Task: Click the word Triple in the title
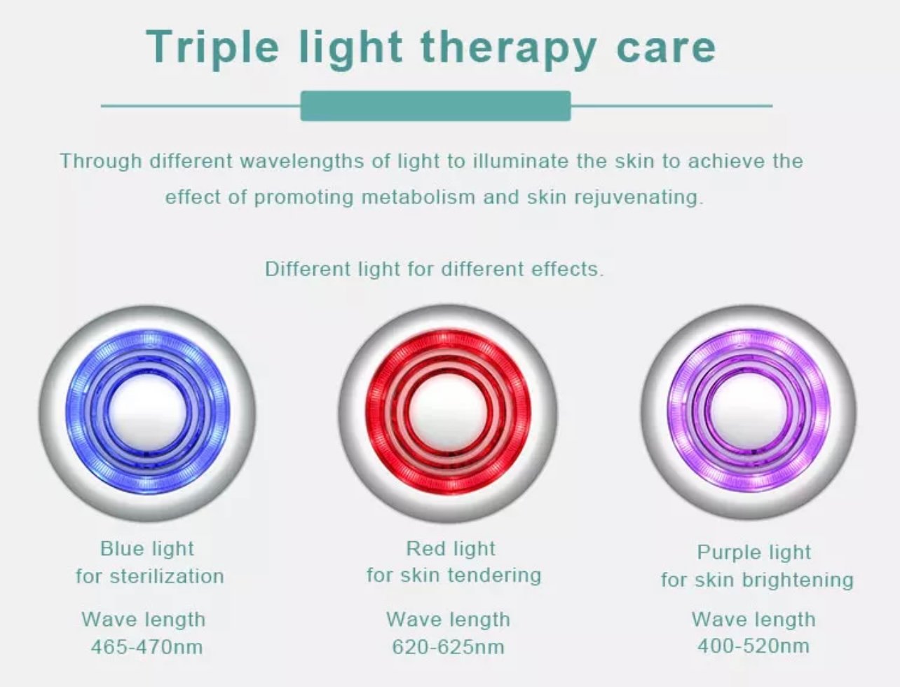pyautogui.click(x=212, y=48)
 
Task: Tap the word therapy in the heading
pyautogui.click(x=509, y=48)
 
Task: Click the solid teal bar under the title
pyautogui.click(x=435, y=106)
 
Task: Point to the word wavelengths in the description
pyautogui.click(x=302, y=161)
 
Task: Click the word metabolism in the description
pyautogui.click(x=418, y=197)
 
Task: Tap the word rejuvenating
pyautogui.click(x=639, y=198)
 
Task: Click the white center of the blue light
pyautogui.click(x=148, y=413)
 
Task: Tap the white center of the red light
pyautogui.click(x=447, y=413)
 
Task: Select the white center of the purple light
pyautogui.click(x=749, y=412)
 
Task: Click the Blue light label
pyautogui.click(x=147, y=550)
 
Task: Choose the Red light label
pyautogui.click(x=451, y=549)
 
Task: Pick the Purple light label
pyautogui.click(x=754, y=552)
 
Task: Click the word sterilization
pyautogui.click(x=167, y=576)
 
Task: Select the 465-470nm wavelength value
pyautogui.click(x=146, y=647)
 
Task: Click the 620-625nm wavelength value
pyautogui.click(x=448, y=647)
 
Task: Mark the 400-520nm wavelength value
pyautogui.click(x=754, y=646)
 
